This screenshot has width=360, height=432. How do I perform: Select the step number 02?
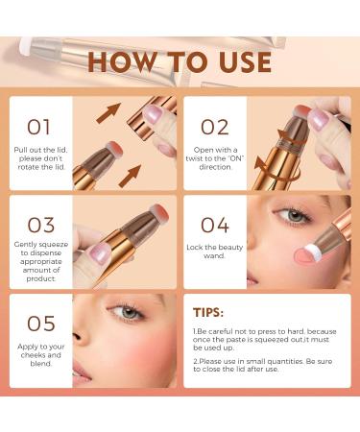214,126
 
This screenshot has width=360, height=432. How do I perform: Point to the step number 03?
40,226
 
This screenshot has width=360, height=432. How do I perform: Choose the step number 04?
215,226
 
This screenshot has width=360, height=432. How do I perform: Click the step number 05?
41,324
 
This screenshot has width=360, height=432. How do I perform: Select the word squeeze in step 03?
56,248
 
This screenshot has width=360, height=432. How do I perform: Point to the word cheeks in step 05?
33,357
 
